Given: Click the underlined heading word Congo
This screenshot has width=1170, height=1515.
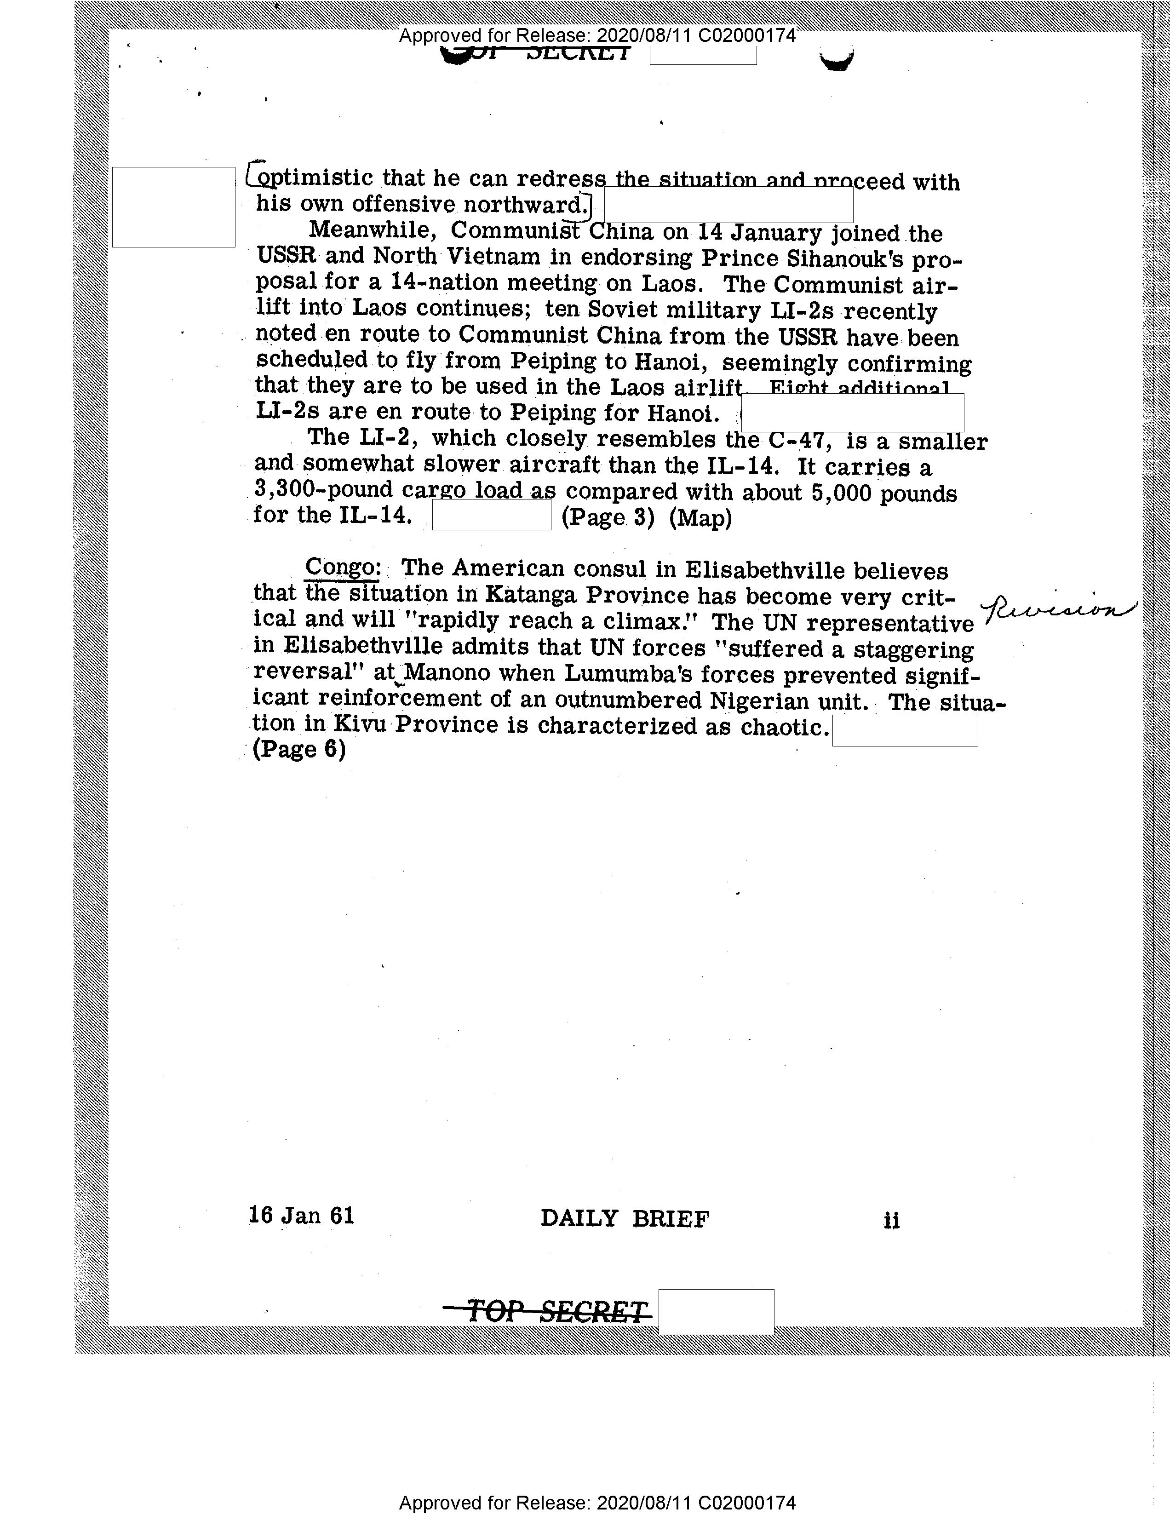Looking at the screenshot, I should pyautogui.click(x=341, y=568).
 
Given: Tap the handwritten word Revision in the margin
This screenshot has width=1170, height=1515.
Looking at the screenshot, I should pyautogui.click(x=1061, y=610).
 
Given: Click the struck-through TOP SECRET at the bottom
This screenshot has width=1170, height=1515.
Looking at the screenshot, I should pyautogui.click(x=548, y=1312).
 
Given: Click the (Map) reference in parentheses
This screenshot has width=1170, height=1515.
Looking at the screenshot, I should pyautogui.click(x=700, y=518).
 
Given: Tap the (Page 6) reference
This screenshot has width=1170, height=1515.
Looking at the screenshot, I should pyautogui.click(x=299, y=749).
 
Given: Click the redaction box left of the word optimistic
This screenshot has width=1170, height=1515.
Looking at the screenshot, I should pyautogui.click(x=173, y=207).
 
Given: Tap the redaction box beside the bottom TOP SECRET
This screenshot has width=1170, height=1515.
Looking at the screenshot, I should pyautogui.click(x=716, y=1311).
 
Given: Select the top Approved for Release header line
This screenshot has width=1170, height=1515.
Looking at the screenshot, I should pyautogui.click(x=597, y=35).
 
